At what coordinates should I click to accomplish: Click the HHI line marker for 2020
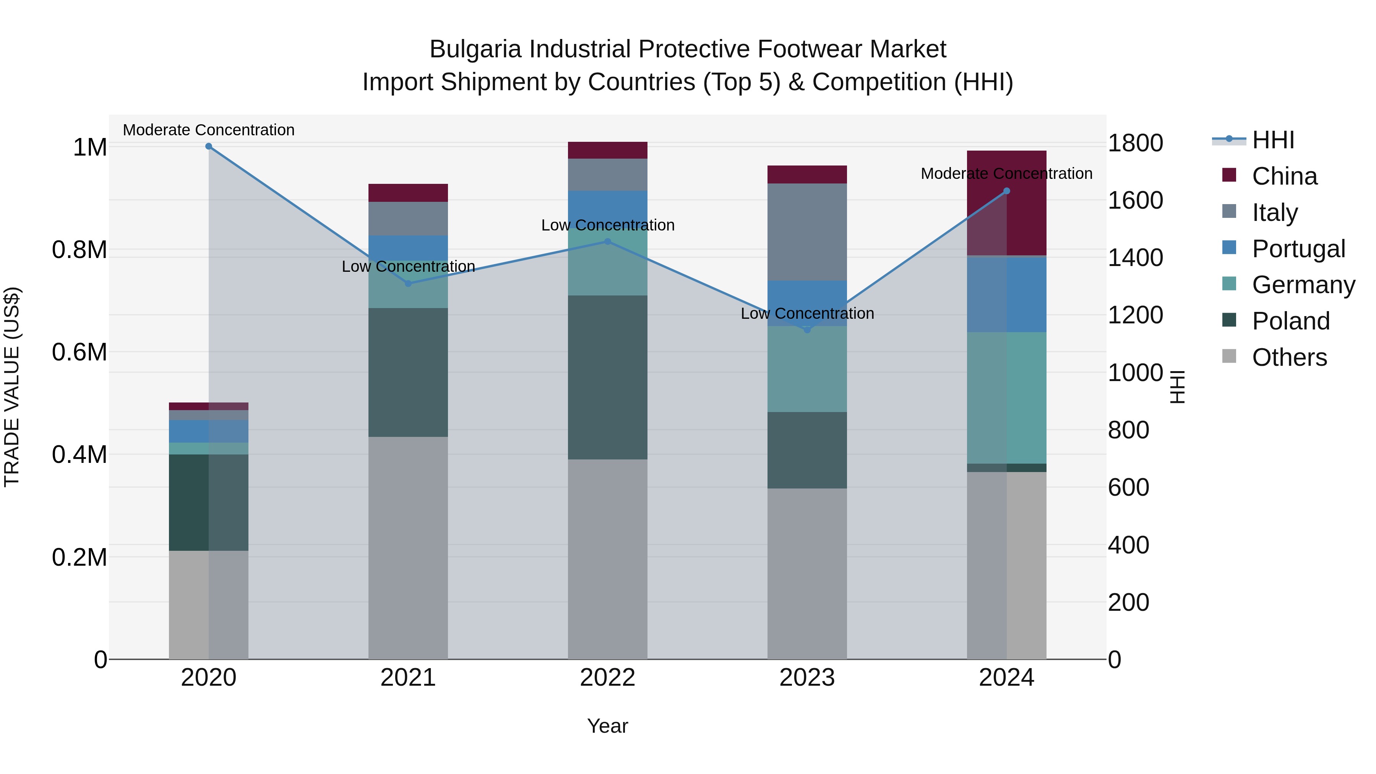(209, 146)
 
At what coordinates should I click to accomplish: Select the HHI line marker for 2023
(807, 329)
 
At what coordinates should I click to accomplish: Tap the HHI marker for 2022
(607, 242)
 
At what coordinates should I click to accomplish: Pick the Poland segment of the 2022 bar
(607, 377)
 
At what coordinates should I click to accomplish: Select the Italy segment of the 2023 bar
(807, 232)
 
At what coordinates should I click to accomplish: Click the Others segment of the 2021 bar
(408, 547)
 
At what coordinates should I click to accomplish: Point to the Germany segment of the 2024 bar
(1006, 398)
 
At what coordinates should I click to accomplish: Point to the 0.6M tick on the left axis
(79, 352)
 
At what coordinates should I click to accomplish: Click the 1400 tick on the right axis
(1135, 258)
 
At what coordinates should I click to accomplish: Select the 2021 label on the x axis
(408, 678)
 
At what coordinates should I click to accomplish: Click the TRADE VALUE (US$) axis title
(12, 387)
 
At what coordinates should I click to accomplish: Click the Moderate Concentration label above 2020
(209, 130)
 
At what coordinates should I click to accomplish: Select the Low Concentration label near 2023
(807, 313)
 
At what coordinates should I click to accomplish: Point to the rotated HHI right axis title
(1177, 387)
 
